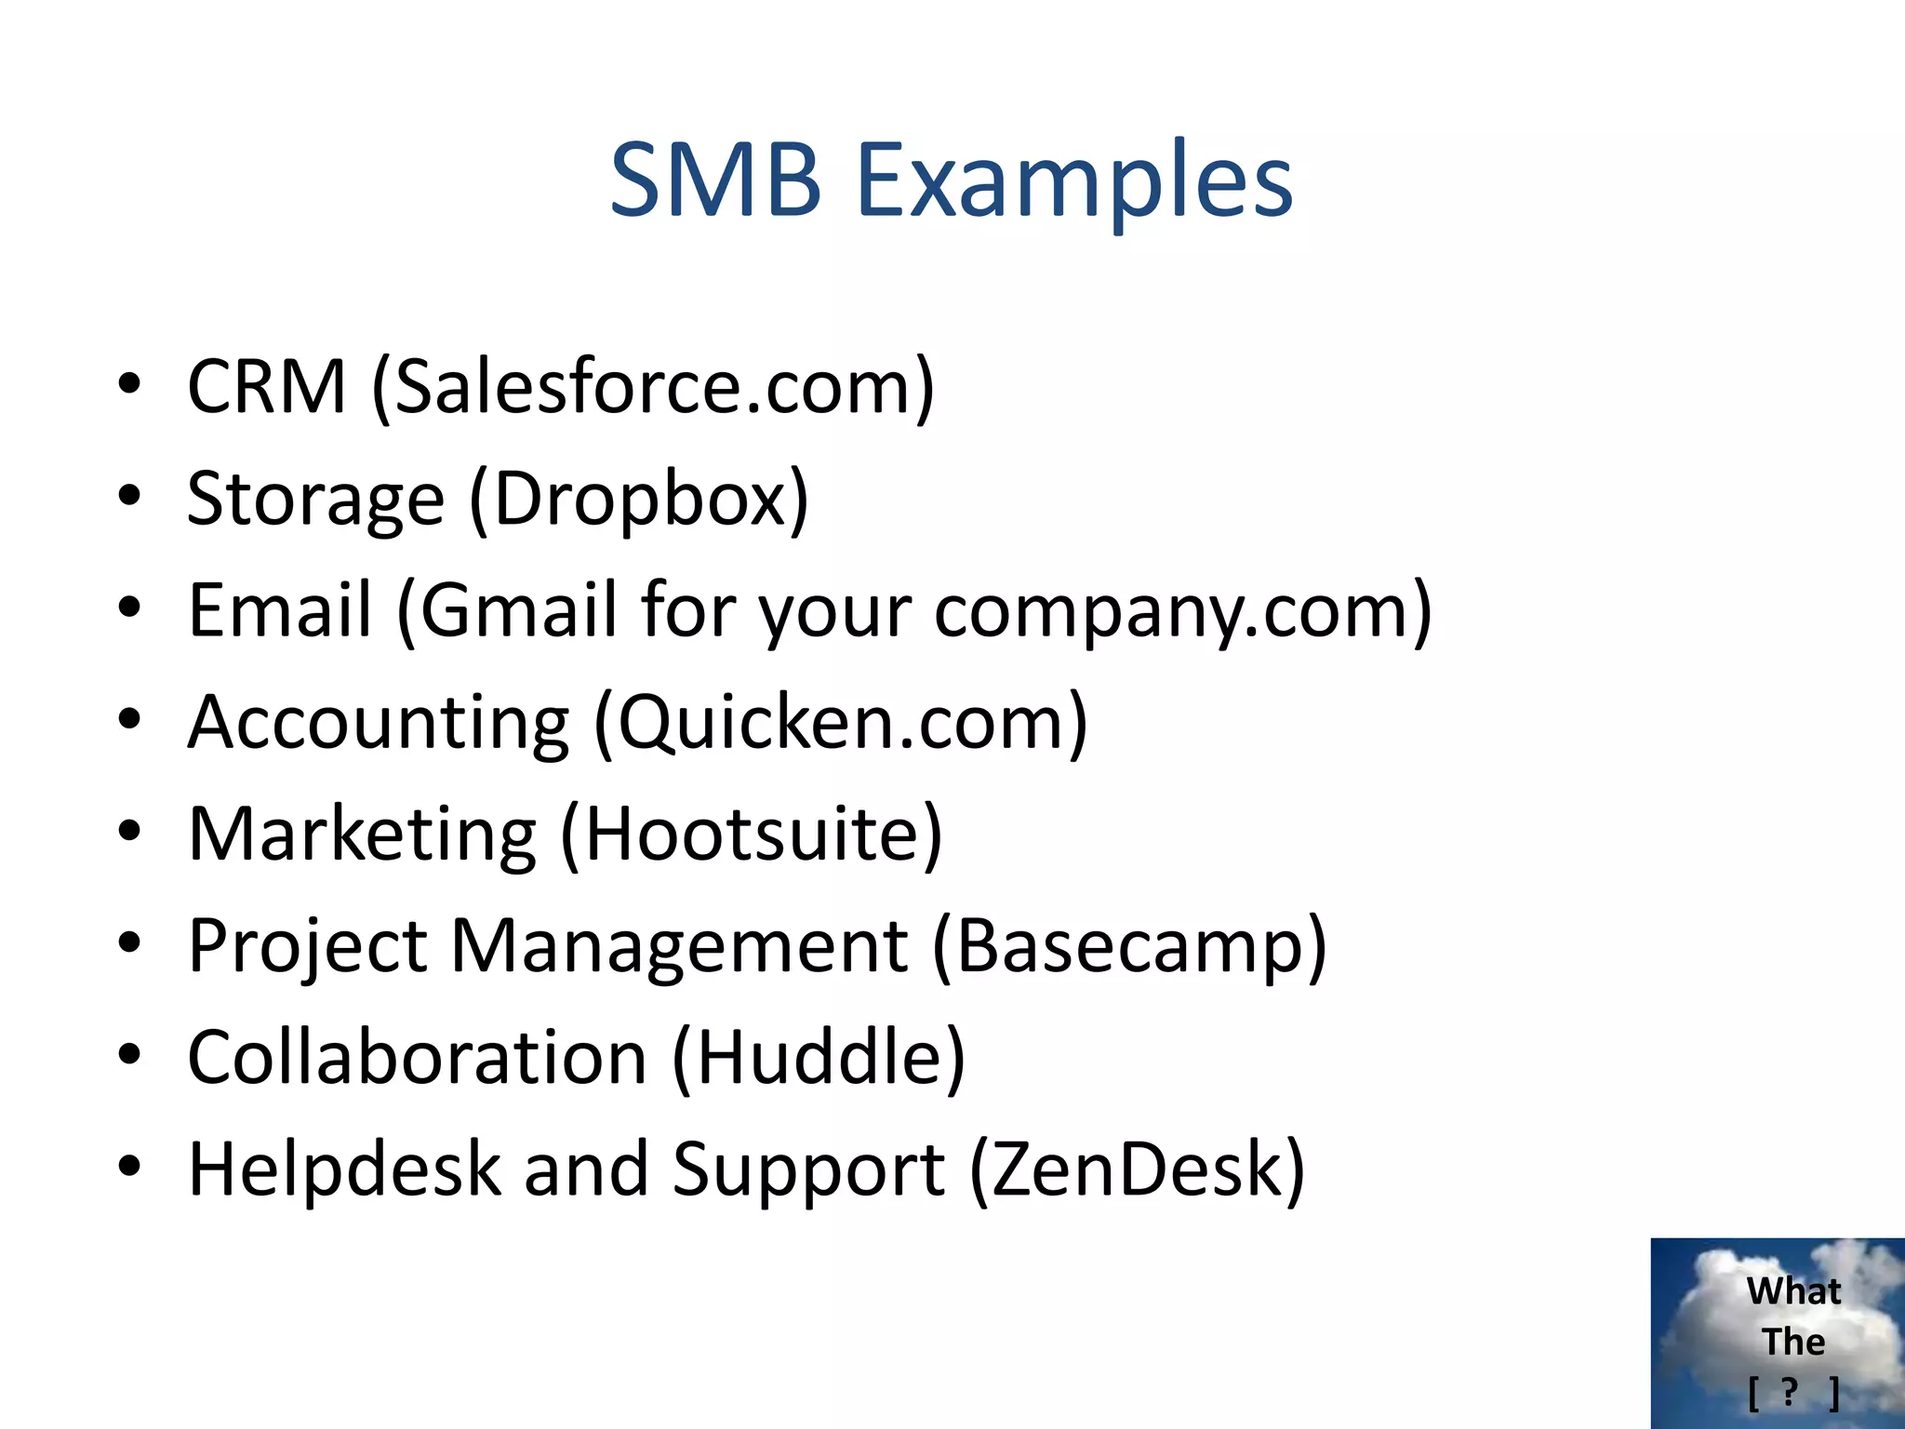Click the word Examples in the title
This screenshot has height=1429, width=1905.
[1073, 181]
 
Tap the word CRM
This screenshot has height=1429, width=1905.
[267, 386]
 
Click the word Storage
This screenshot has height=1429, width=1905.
[316, 500]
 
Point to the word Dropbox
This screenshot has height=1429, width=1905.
[640, 500]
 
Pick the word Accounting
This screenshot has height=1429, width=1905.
[378, 723]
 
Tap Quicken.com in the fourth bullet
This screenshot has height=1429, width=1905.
[841, 723]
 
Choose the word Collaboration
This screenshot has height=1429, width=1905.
[417, 1058]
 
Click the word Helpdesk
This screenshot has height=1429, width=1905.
[344, 1169]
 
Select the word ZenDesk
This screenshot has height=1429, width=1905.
[1137, 1169]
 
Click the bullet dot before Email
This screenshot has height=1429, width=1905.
[129, 608]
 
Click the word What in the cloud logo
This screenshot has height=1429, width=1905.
[1793, 1291]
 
